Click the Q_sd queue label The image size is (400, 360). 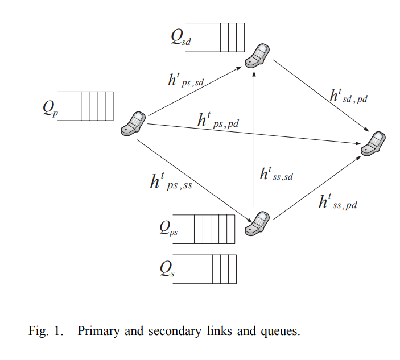[181, 39]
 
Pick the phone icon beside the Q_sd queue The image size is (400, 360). [257, 55]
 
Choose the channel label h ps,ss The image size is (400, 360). [171, 183]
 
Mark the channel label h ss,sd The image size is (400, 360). [276, 175]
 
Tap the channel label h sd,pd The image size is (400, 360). [349, 97]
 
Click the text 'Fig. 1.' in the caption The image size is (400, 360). [46, 331]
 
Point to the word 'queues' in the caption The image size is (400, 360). [282, 332]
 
